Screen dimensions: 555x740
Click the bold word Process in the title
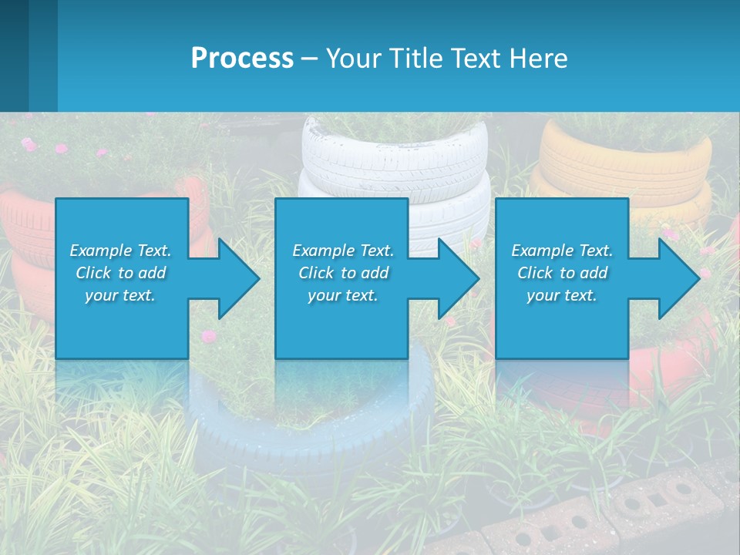[x=242, y=58]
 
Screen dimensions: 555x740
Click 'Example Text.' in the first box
[x=120, y=251]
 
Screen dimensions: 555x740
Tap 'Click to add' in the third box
[x=562, y=273]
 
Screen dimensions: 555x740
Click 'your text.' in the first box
[x=120, y=296]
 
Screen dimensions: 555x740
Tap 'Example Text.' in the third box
[x=562, y=251]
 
